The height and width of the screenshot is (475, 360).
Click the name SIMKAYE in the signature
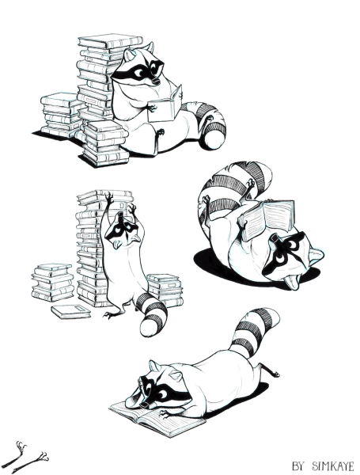point(333,465)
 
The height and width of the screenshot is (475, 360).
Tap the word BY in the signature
point(297,465)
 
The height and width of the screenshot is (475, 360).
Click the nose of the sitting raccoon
point(156,82)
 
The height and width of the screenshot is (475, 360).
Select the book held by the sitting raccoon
point(165,104)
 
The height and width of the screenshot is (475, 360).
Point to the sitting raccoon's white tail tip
point(214,139)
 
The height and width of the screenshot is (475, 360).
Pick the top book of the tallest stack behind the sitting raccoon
point(110,41)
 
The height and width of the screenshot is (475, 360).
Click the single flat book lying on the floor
point(71,311)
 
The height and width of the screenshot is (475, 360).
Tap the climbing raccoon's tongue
point(116,245)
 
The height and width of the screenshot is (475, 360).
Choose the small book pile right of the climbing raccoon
point(165,290)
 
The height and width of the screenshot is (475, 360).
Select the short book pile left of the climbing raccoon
point(53,283)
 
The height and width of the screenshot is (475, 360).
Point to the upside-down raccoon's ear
point(315,255)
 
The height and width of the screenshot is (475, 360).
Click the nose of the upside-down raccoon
point(275,237)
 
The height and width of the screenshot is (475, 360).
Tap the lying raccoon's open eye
point(162,394)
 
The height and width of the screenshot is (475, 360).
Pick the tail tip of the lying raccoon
point(270,316)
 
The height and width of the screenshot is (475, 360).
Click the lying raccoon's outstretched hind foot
point(271,370)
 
